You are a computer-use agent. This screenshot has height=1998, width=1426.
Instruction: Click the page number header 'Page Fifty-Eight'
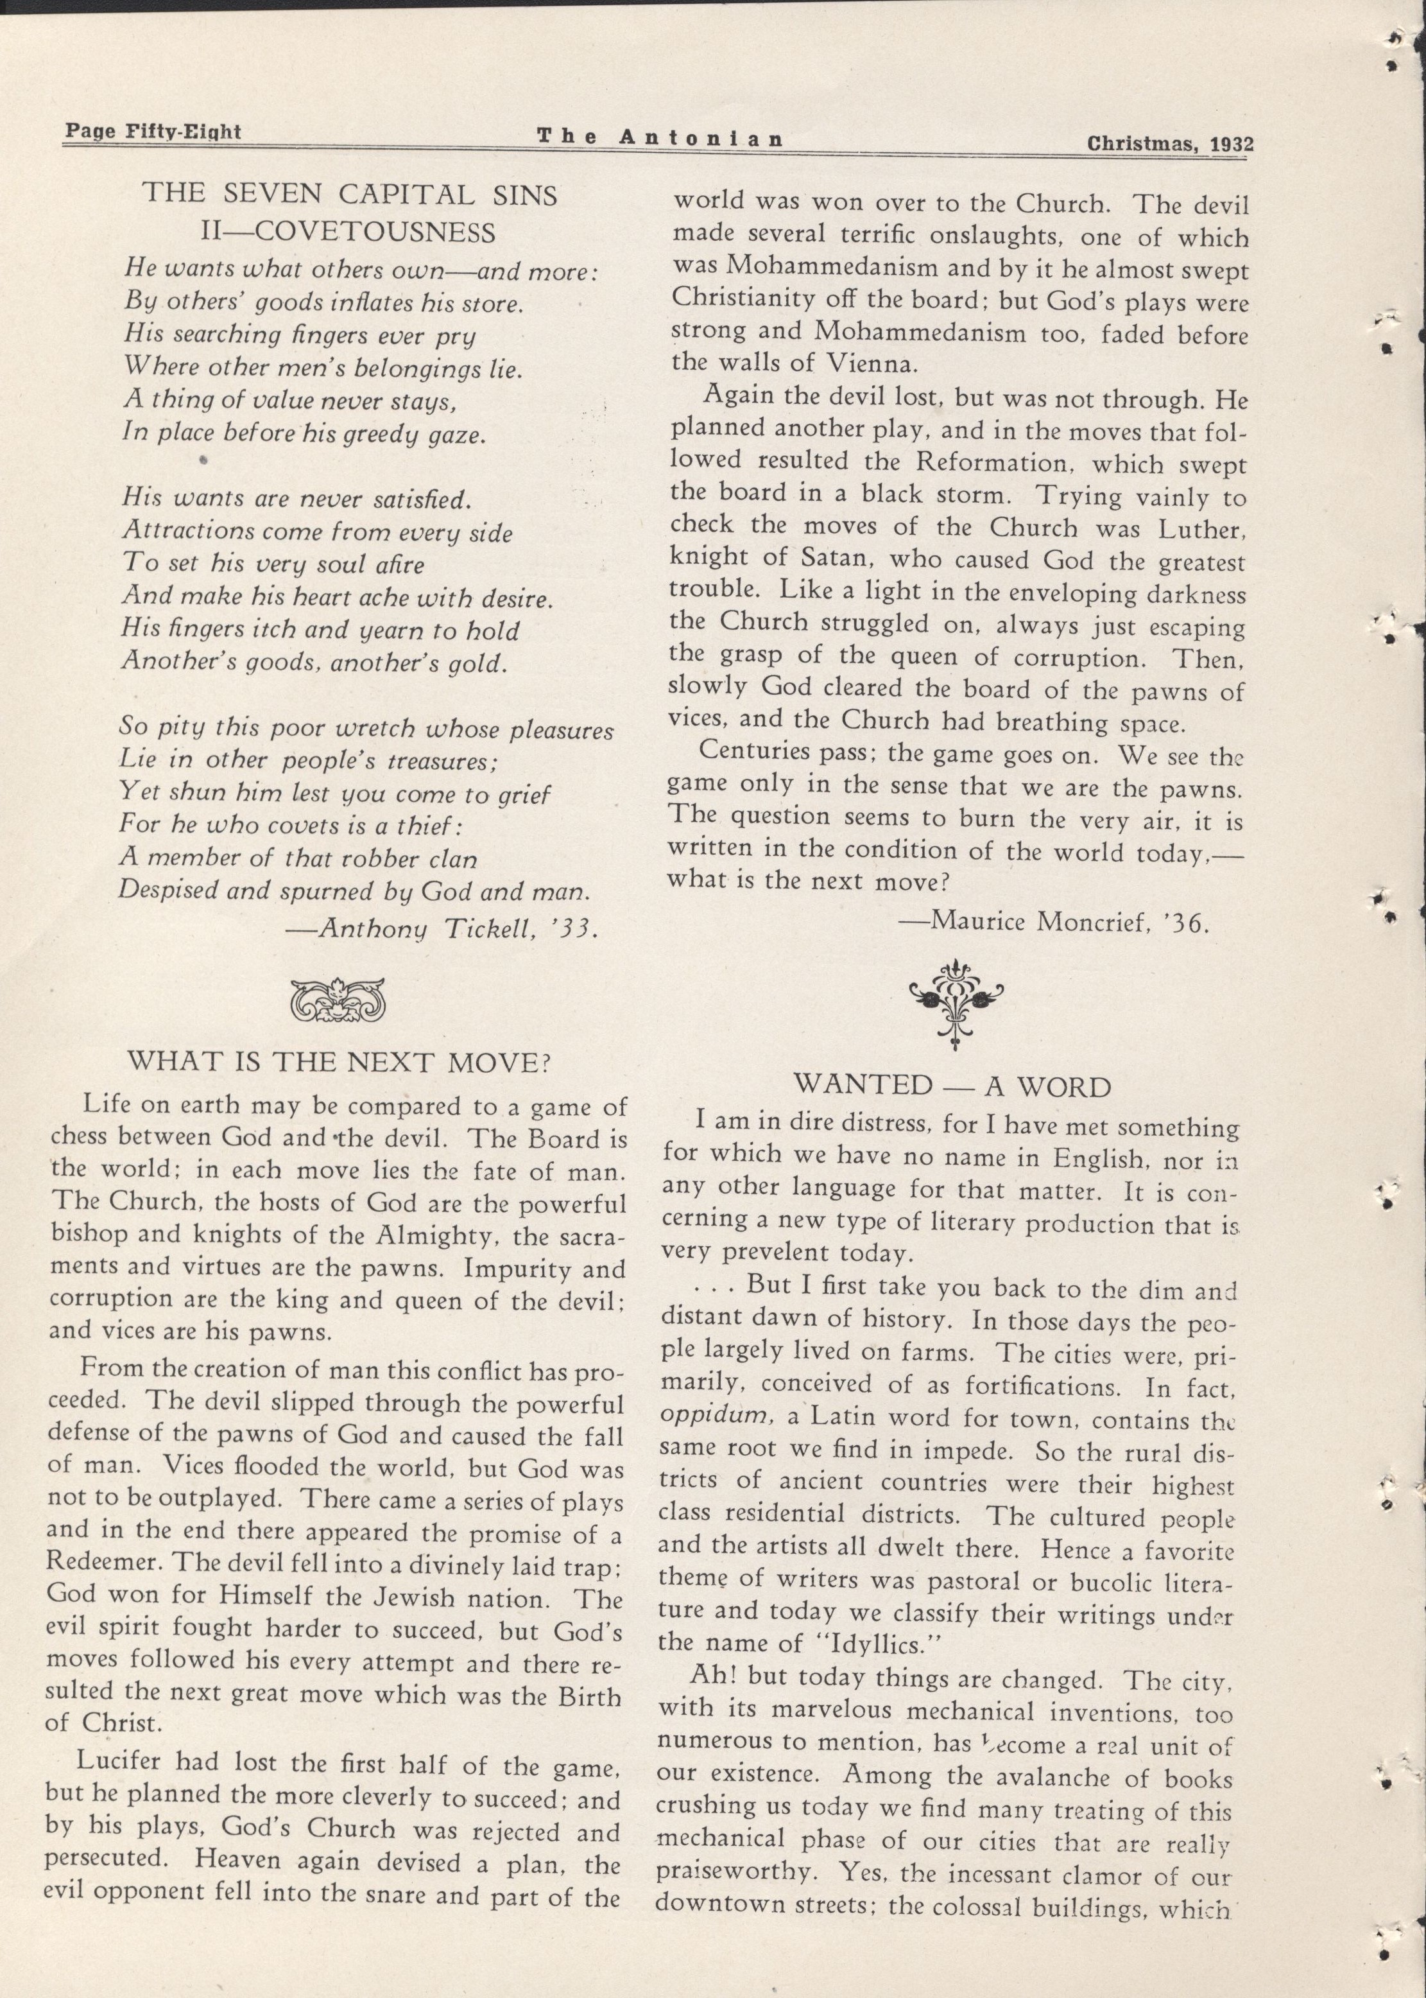pos(152,133)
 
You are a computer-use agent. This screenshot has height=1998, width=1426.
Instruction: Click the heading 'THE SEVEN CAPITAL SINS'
pos(350,193)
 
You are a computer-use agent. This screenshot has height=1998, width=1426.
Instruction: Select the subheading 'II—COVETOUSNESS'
pos(348,232)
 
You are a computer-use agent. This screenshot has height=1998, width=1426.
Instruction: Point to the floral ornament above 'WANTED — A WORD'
pos(956,1001)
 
